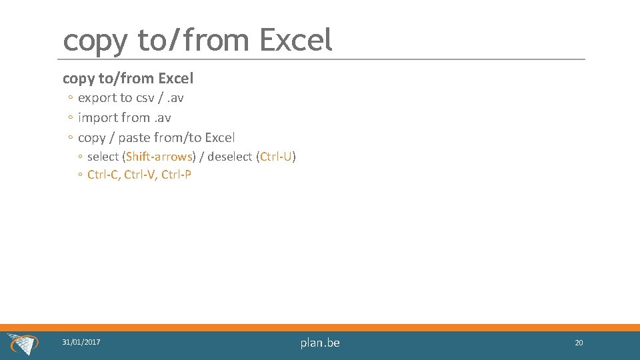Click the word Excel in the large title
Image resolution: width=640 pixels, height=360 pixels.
(295, 40)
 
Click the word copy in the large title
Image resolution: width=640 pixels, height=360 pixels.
(94, 41)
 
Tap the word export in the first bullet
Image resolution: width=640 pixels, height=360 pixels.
(97, 98)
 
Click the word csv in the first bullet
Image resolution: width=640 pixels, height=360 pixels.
(145, 98)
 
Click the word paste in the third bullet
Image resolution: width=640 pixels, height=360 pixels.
(133, 138)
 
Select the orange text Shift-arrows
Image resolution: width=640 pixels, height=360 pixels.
(159, 157)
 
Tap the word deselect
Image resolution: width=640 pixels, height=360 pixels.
(229, 157)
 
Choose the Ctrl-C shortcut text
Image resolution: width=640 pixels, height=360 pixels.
(103, 175)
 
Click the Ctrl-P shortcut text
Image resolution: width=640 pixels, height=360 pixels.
(176, 175)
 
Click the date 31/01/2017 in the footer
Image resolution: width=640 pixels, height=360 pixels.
(81, 342)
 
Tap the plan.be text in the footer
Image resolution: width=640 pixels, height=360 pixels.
(320, 343)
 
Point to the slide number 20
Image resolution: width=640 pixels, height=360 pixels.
(579, 343)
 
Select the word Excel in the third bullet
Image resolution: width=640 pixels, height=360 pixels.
(219, 138)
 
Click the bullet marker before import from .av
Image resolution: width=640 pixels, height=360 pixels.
(70, 118)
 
